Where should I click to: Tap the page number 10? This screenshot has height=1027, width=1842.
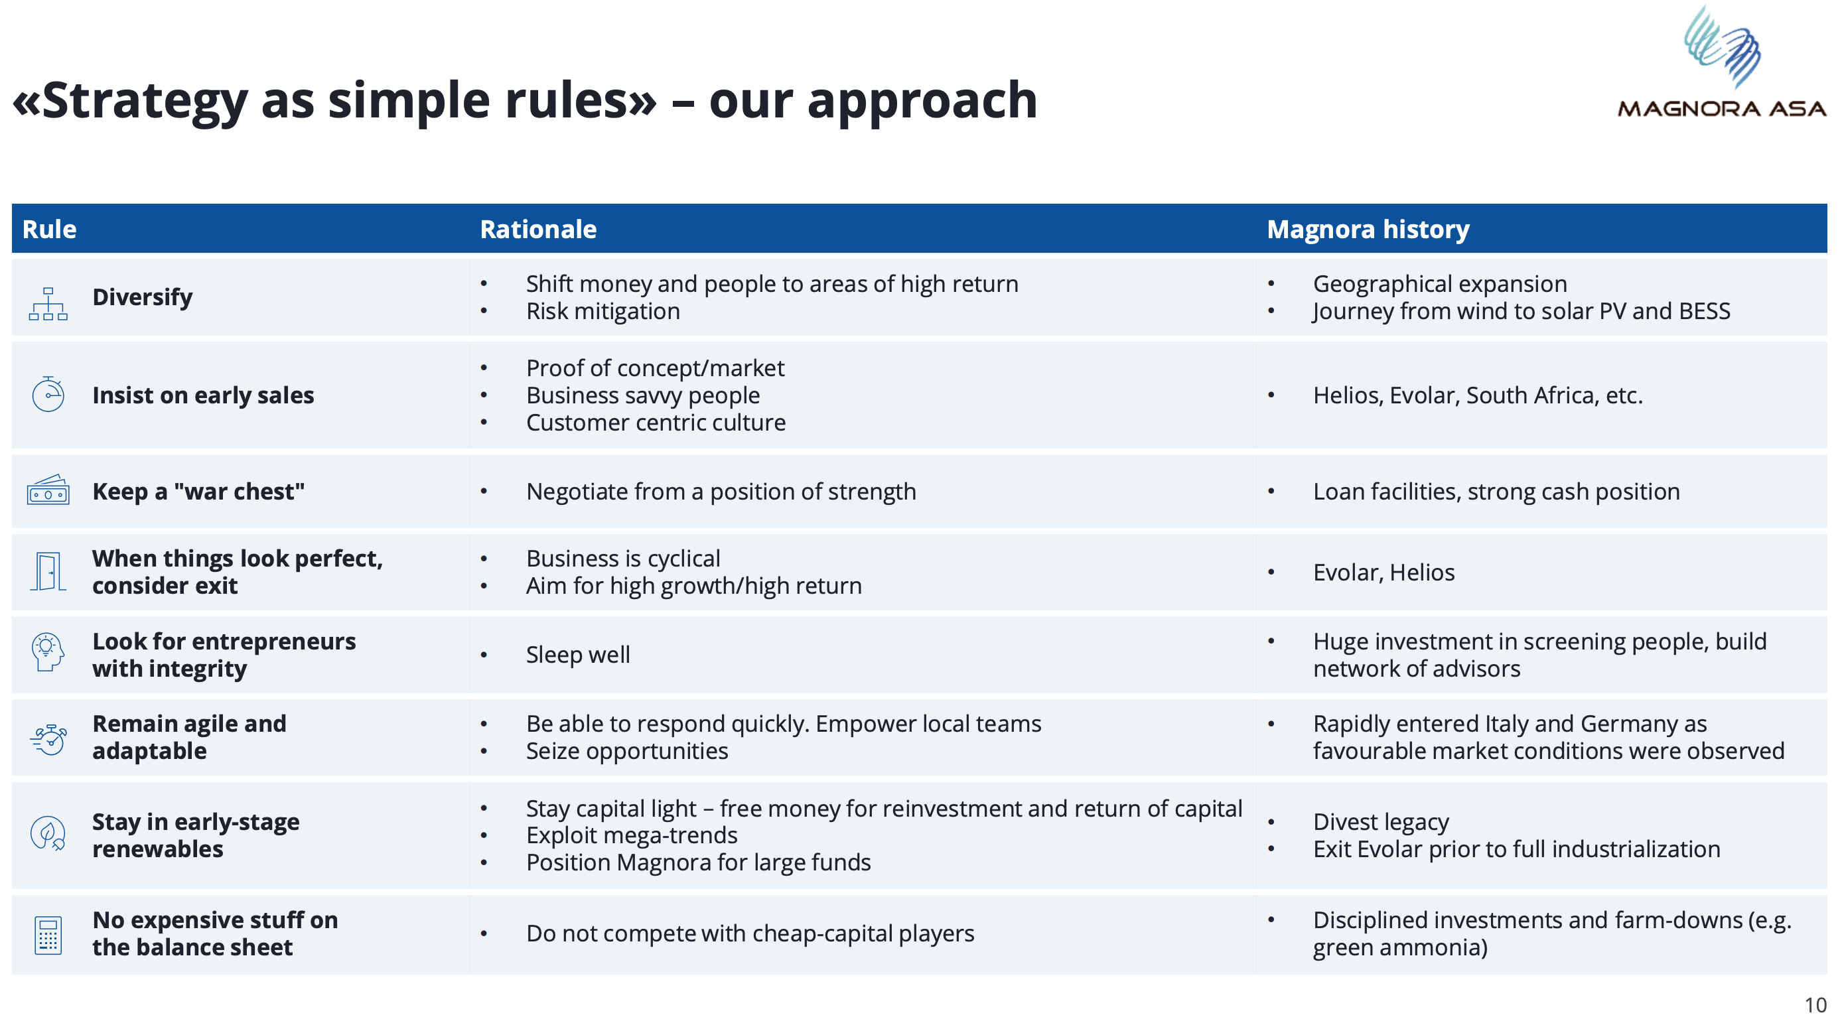[1815, 1005]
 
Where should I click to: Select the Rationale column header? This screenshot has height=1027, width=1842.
[537, 229]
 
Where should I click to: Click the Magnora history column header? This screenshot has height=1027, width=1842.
[1368, 229]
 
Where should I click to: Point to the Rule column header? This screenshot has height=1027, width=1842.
[49, 229]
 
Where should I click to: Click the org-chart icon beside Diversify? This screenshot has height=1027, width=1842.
[48, 303]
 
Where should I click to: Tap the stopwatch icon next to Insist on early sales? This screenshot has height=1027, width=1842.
[48, 394]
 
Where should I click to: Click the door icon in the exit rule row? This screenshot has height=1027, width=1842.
[48, 571]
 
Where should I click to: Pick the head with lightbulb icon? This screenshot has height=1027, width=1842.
[48, 651]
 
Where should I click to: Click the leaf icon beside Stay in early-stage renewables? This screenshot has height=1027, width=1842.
[48, 833]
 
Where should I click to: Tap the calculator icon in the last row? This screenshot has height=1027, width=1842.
[48, 935]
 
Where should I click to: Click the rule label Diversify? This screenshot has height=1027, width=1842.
[142, 297]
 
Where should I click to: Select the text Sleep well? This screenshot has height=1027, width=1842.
[578, 654]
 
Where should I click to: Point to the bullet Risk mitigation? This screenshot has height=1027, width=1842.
[602, 311]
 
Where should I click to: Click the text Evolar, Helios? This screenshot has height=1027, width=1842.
[1383, 572]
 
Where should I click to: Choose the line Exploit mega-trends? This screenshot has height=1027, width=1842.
[632, 835]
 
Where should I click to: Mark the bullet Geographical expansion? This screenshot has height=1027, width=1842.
[1440, 284]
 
